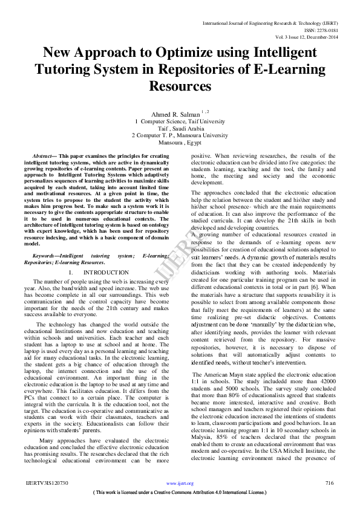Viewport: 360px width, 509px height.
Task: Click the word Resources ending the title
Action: coord(180,86)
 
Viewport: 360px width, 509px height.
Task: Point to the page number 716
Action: coord(329,483)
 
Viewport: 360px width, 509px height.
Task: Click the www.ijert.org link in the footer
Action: coord(180,484)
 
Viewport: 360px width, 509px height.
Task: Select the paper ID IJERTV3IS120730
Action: coord(47,483)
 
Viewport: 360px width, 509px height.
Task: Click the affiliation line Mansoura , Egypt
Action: coord(180,143)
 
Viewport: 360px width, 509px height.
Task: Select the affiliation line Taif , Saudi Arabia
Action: coord(180,128)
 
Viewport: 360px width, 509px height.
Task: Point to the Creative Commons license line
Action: coord(180,493)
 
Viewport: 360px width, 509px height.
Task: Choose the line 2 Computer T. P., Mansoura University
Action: coord(180,135)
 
